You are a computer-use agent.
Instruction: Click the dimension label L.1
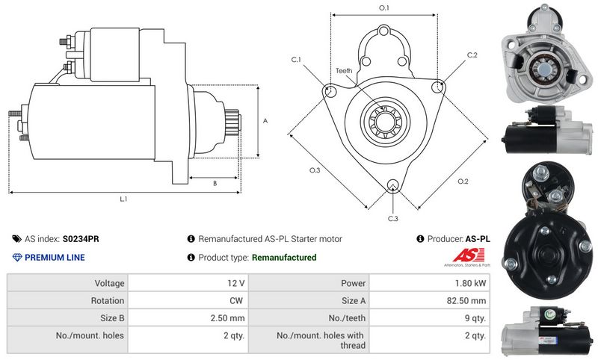click(124, 199)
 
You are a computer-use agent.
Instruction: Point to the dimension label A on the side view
click(265, 120)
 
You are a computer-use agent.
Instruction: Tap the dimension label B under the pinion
click(215, 182)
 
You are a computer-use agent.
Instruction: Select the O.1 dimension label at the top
click(383, 7)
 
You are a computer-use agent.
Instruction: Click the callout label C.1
click(295, 60)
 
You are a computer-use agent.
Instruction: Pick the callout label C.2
click(472, 55)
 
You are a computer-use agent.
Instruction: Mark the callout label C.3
click(392, 218)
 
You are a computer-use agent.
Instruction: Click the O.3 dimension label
click(315, 171)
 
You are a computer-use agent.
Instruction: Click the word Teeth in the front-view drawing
click(343, 71)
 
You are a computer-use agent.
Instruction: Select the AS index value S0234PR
click(81, 239)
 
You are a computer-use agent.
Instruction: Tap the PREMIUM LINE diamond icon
click(17, 258)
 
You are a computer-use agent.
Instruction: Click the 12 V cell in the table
click(237, 283)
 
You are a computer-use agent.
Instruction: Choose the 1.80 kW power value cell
click(473, 283)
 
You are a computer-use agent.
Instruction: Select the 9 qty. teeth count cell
click(475, 318)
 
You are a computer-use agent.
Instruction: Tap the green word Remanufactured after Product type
click(284, 258)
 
